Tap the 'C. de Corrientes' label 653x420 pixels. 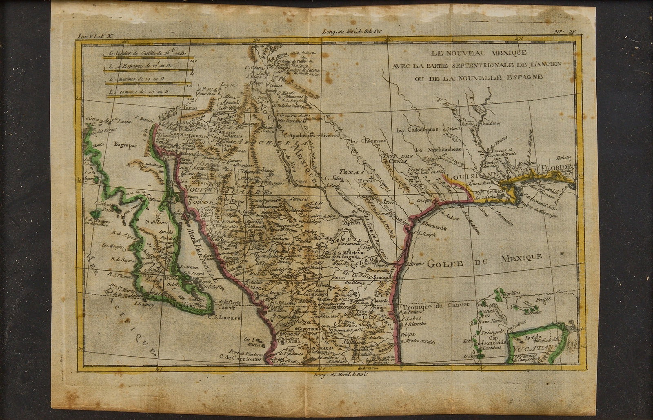click(x=239, y=359)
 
